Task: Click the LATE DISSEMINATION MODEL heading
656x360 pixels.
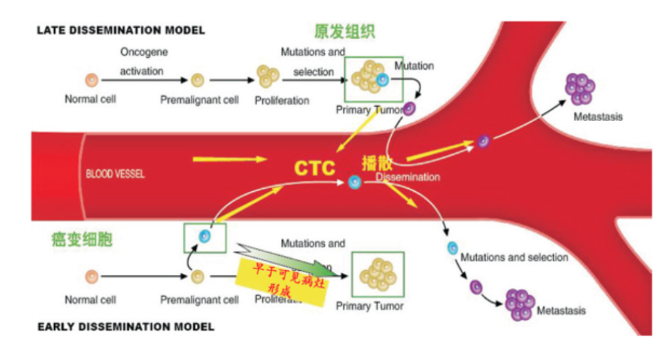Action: (x=121, y=30)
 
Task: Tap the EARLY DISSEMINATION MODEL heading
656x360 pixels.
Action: (x=126, y=326)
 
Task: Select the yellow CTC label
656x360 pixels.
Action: (x=314, y=169)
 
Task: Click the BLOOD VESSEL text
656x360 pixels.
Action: (x=115, y=174)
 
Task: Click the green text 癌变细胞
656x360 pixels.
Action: (x=81, y=240)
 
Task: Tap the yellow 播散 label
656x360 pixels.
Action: (x=375, y=163)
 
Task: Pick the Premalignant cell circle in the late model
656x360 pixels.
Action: (x=198, y=81)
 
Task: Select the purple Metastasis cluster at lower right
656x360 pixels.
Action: (x=519, y=305)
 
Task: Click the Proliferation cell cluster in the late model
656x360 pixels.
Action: (x=267, y=76)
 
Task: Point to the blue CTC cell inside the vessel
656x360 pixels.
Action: (x=355, y=183)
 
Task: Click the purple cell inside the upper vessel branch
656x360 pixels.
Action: (x=484, y=140)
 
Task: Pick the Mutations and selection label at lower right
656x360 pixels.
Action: (x=514, y=257)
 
